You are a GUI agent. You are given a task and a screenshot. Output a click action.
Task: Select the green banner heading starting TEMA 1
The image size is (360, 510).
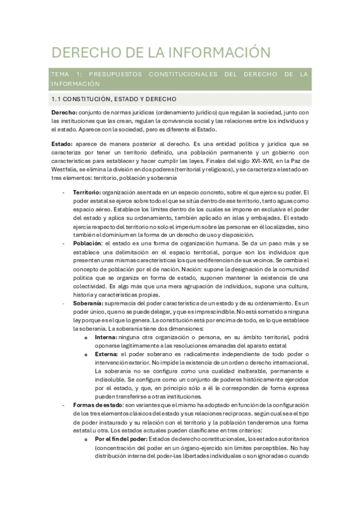pyautogui.click(x=180, y=79)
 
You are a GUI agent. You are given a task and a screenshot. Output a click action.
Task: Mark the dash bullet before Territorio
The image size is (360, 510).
pyautogui.click(x=64, y=192)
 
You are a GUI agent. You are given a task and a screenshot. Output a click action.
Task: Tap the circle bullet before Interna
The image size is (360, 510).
pyautogui.click(x=88, y=338)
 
